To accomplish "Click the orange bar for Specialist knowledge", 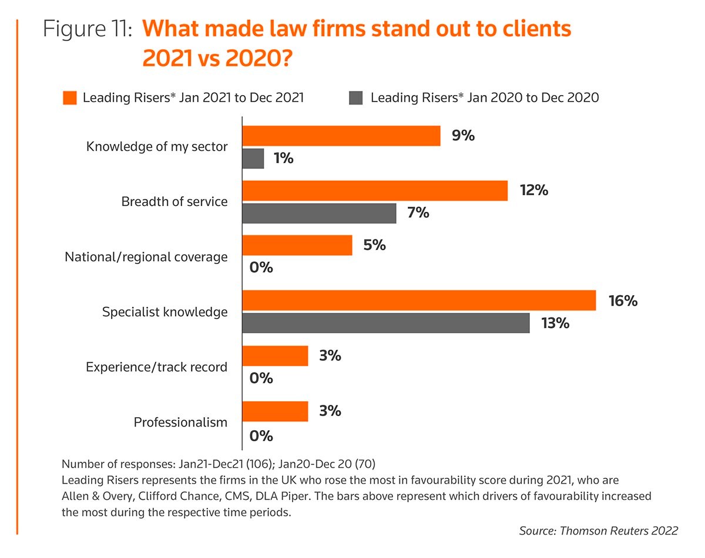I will click(x=419, y=301).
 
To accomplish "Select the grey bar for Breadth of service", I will click(x=319, y=213).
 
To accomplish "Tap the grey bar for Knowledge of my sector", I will click(x=253, y=158).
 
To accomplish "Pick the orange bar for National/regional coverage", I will click(x=297, y=245).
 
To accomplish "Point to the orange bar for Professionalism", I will click(x=275, y=411).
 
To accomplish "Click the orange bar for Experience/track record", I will click(x=275, y=356).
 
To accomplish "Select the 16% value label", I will click(x=623, y=301).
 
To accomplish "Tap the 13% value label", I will click(x=555, y=323).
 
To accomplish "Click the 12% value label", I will click(x=533, y=190).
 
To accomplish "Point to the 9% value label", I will click(x=463, y=136).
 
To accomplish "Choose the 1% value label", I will click(x=283, y=158).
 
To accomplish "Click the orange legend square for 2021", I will click(x=70, y=97).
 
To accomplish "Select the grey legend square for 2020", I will click(x=356, y=97).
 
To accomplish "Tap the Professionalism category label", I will click(x=180, y=422).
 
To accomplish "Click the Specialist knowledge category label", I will click(x=164, y=312).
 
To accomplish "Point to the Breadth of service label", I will click(x=174, y=202).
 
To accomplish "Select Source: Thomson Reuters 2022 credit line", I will click(x=598, y=530).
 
